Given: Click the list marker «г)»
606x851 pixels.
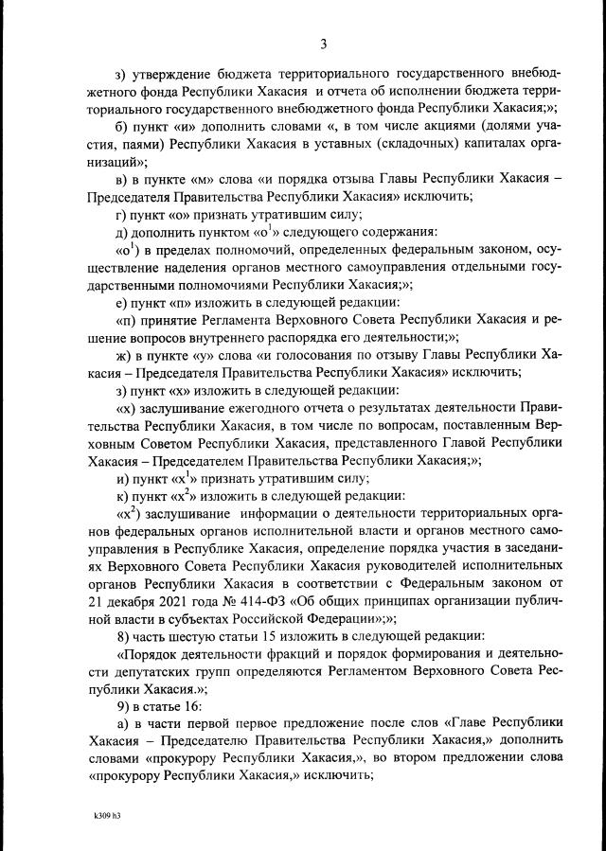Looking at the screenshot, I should [120, 215].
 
